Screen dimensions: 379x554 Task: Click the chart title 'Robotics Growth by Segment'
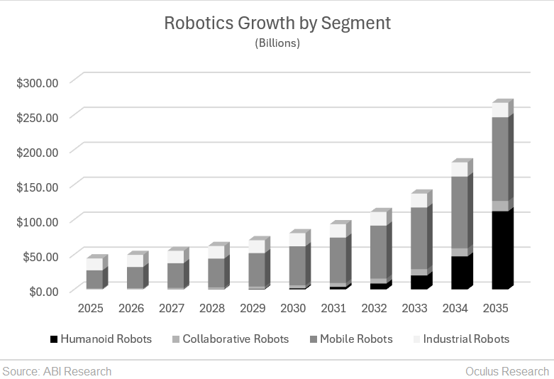tap(277, 23)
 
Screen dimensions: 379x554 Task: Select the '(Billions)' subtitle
tap(277, 43)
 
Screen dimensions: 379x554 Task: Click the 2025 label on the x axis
tap(91, 309)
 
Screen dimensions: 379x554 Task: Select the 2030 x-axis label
tap(293, 309)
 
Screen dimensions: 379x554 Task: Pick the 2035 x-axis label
tap(495, 309)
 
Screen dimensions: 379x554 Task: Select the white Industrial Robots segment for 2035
tap(500, 110)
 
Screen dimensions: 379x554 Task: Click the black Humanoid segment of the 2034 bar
tap(460, 272)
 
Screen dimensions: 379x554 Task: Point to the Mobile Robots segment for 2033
tap(419, 238)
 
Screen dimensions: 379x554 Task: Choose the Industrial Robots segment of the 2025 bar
tap(94, 264)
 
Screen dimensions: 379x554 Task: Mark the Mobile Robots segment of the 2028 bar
tap(216, 273)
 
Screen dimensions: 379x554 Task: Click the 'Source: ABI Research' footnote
tap(57, 370)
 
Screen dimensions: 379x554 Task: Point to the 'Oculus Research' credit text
tap(506, 370)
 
